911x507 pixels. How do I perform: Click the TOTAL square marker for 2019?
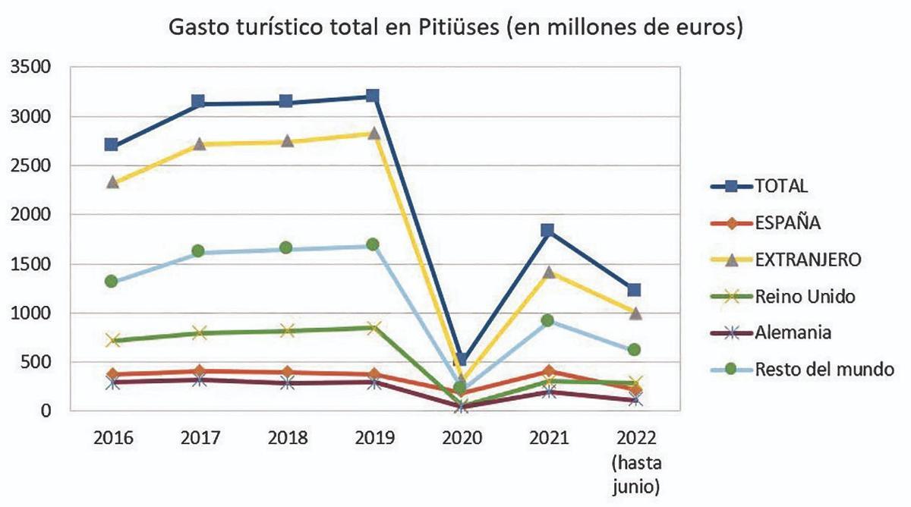372,96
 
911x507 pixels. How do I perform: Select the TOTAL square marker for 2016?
112,145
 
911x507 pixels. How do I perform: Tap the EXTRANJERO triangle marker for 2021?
547,272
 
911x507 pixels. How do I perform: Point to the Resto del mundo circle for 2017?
198,251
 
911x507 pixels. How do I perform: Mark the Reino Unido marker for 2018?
286,331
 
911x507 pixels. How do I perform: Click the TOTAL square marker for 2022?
634,290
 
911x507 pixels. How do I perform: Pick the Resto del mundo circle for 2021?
547,320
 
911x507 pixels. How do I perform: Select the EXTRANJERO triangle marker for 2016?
112,182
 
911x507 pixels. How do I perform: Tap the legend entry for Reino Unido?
805,296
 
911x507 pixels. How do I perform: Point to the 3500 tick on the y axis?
30,68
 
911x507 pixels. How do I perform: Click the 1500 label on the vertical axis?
30,264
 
